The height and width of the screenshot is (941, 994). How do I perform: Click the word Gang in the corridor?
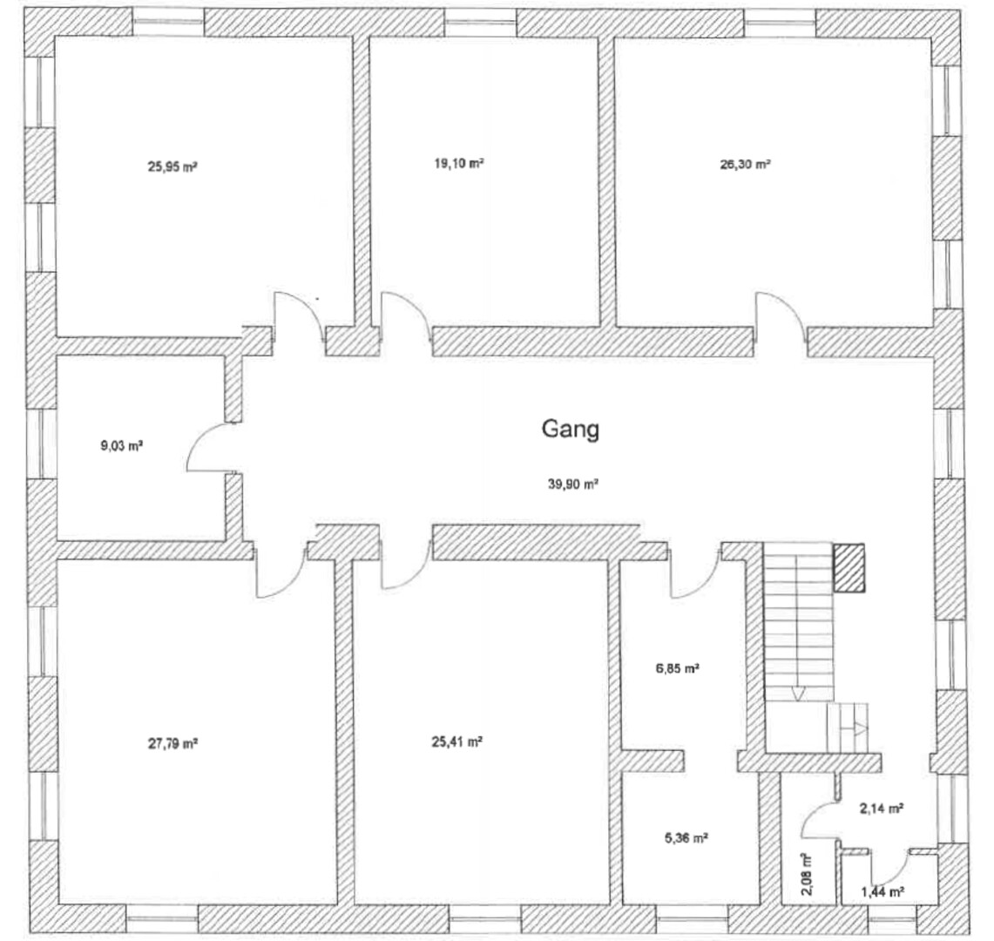[570, 430]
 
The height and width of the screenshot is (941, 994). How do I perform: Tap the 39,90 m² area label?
[573, 484]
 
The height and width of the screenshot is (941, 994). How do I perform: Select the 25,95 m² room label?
[172, 167]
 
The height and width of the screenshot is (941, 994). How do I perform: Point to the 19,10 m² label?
[459, 164]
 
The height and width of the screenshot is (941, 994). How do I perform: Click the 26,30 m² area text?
[745, 164]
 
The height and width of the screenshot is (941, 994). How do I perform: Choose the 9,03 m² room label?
[122, 446]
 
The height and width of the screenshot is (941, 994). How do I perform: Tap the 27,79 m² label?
[173, 743]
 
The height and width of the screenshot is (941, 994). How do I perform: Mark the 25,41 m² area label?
[457, 741]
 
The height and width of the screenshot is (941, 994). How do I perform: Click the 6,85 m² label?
[677, 667]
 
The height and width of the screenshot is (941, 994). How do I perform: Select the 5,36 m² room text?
[686, 838]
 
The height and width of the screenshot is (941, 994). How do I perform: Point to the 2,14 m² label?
[881, 809]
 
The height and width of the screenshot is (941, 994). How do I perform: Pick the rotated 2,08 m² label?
[807, 873]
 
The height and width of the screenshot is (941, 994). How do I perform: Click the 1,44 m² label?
[882, 892]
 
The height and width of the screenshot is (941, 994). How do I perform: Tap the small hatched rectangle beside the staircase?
[849, 567]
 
